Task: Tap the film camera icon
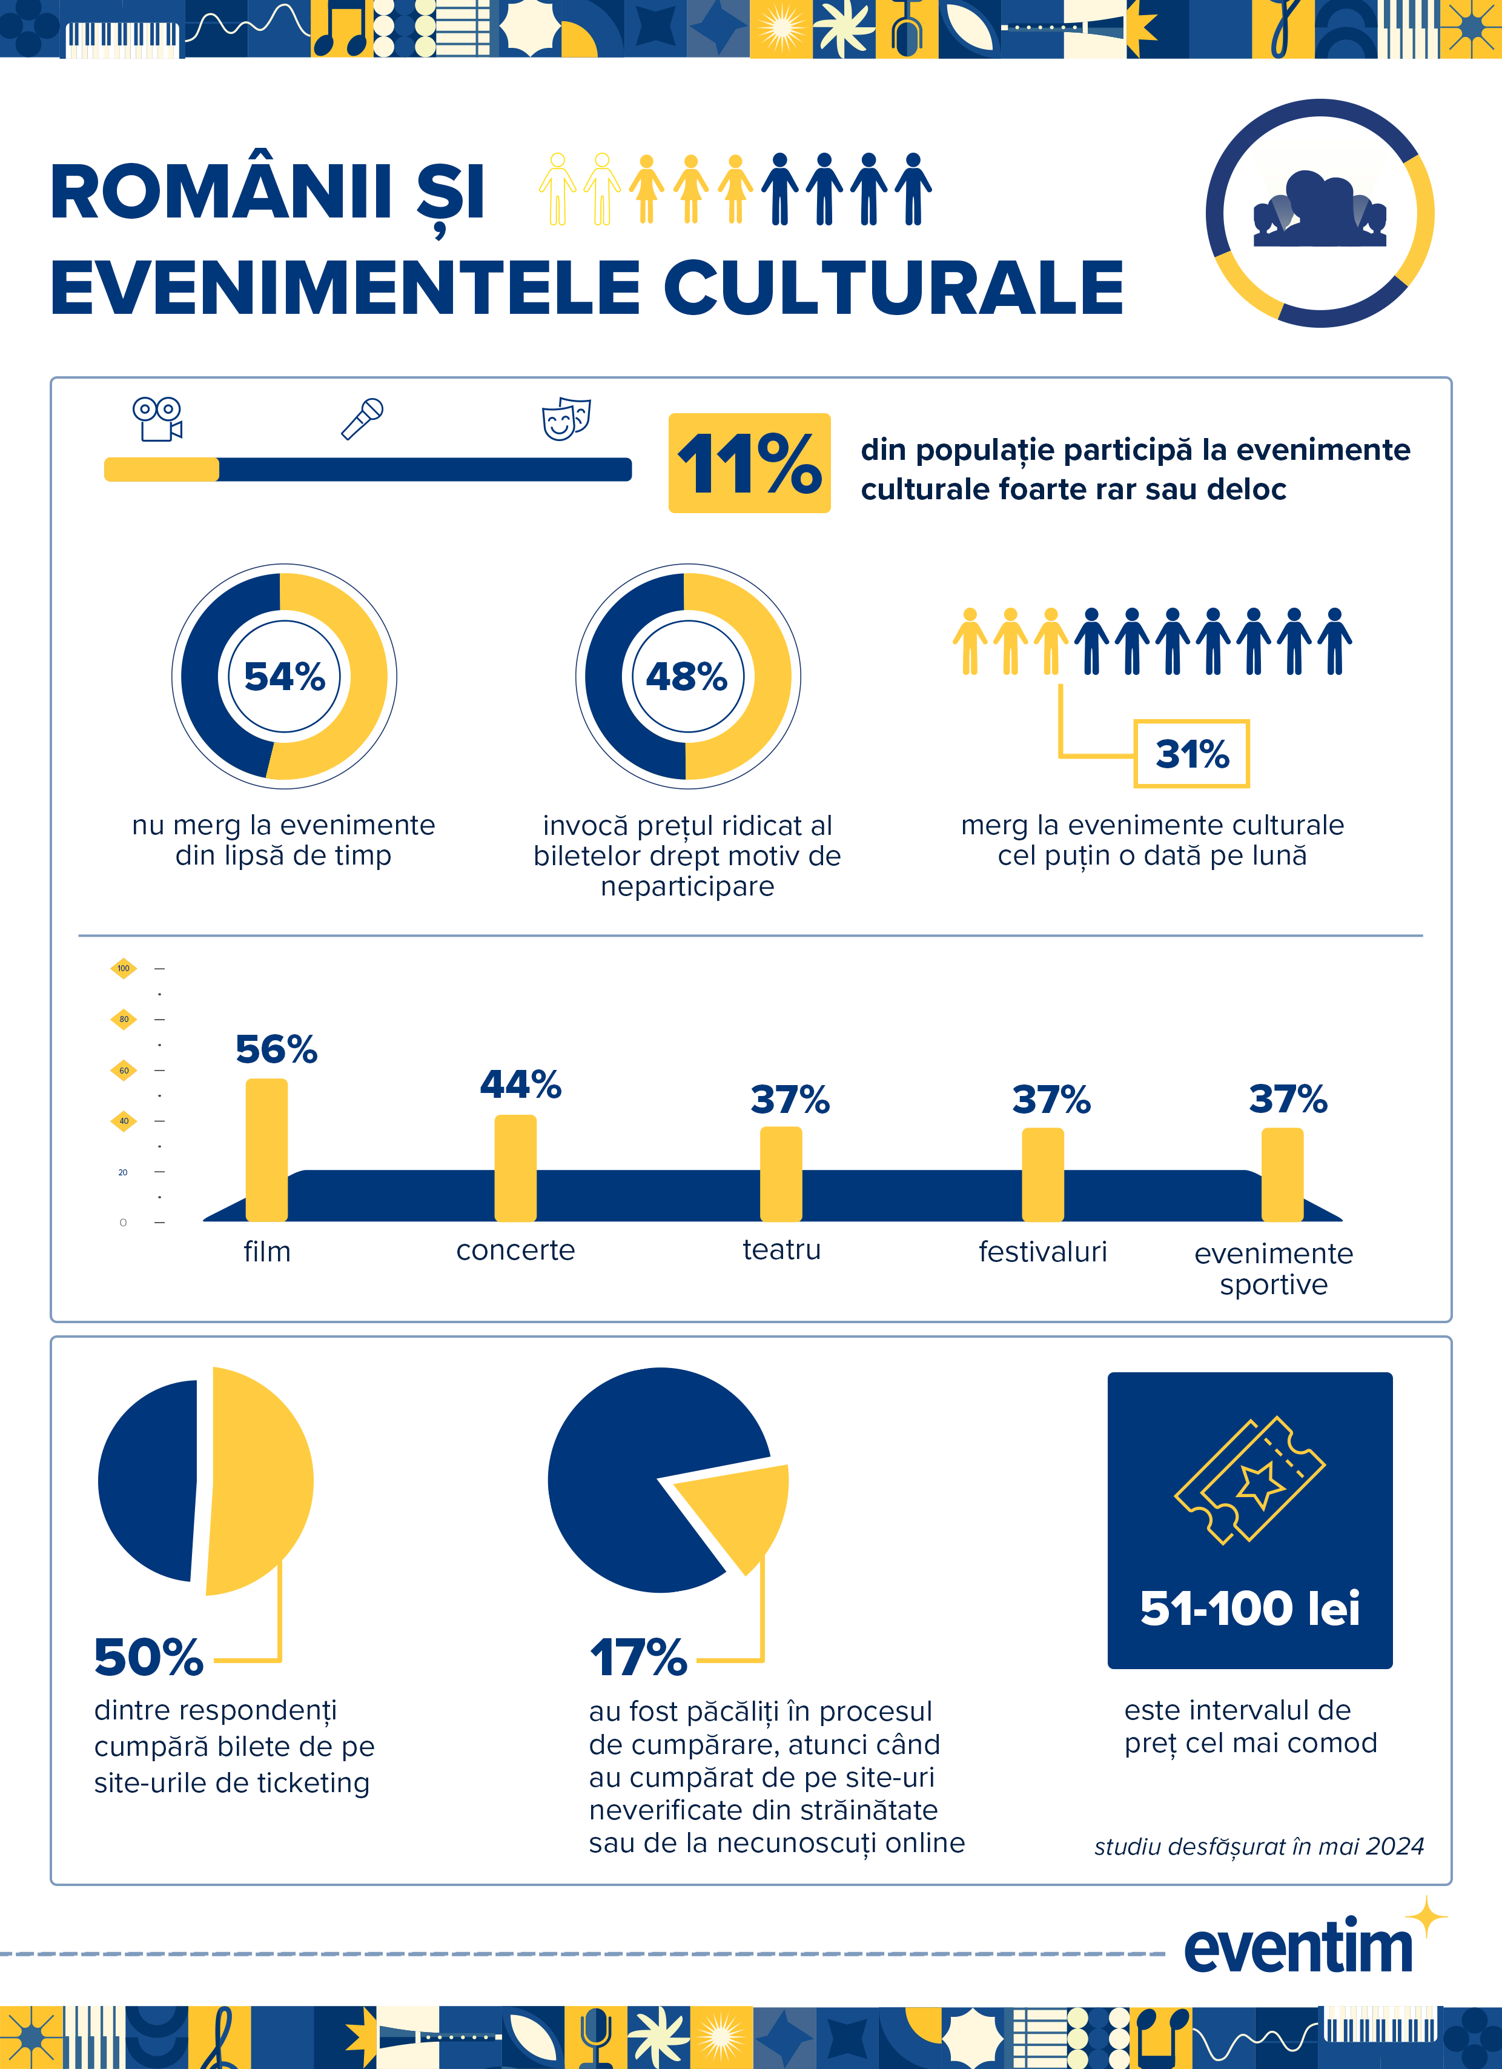point(157,419)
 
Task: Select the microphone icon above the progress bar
point(362,419)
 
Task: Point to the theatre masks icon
point(566,419)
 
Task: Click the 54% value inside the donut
point(285,677)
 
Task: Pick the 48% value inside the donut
point(687,677)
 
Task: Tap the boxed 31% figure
point(1191,754)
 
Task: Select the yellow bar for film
point(266,1149)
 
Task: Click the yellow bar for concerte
point(515,1167)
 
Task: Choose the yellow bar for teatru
point(781,1174)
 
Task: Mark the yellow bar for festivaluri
point(1042,1175)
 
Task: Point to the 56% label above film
point(276,1049)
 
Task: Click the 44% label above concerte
point(521,1084)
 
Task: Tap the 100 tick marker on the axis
point(123,968)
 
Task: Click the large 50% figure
point(148,1658)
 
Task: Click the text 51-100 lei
point(1249,1609)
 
